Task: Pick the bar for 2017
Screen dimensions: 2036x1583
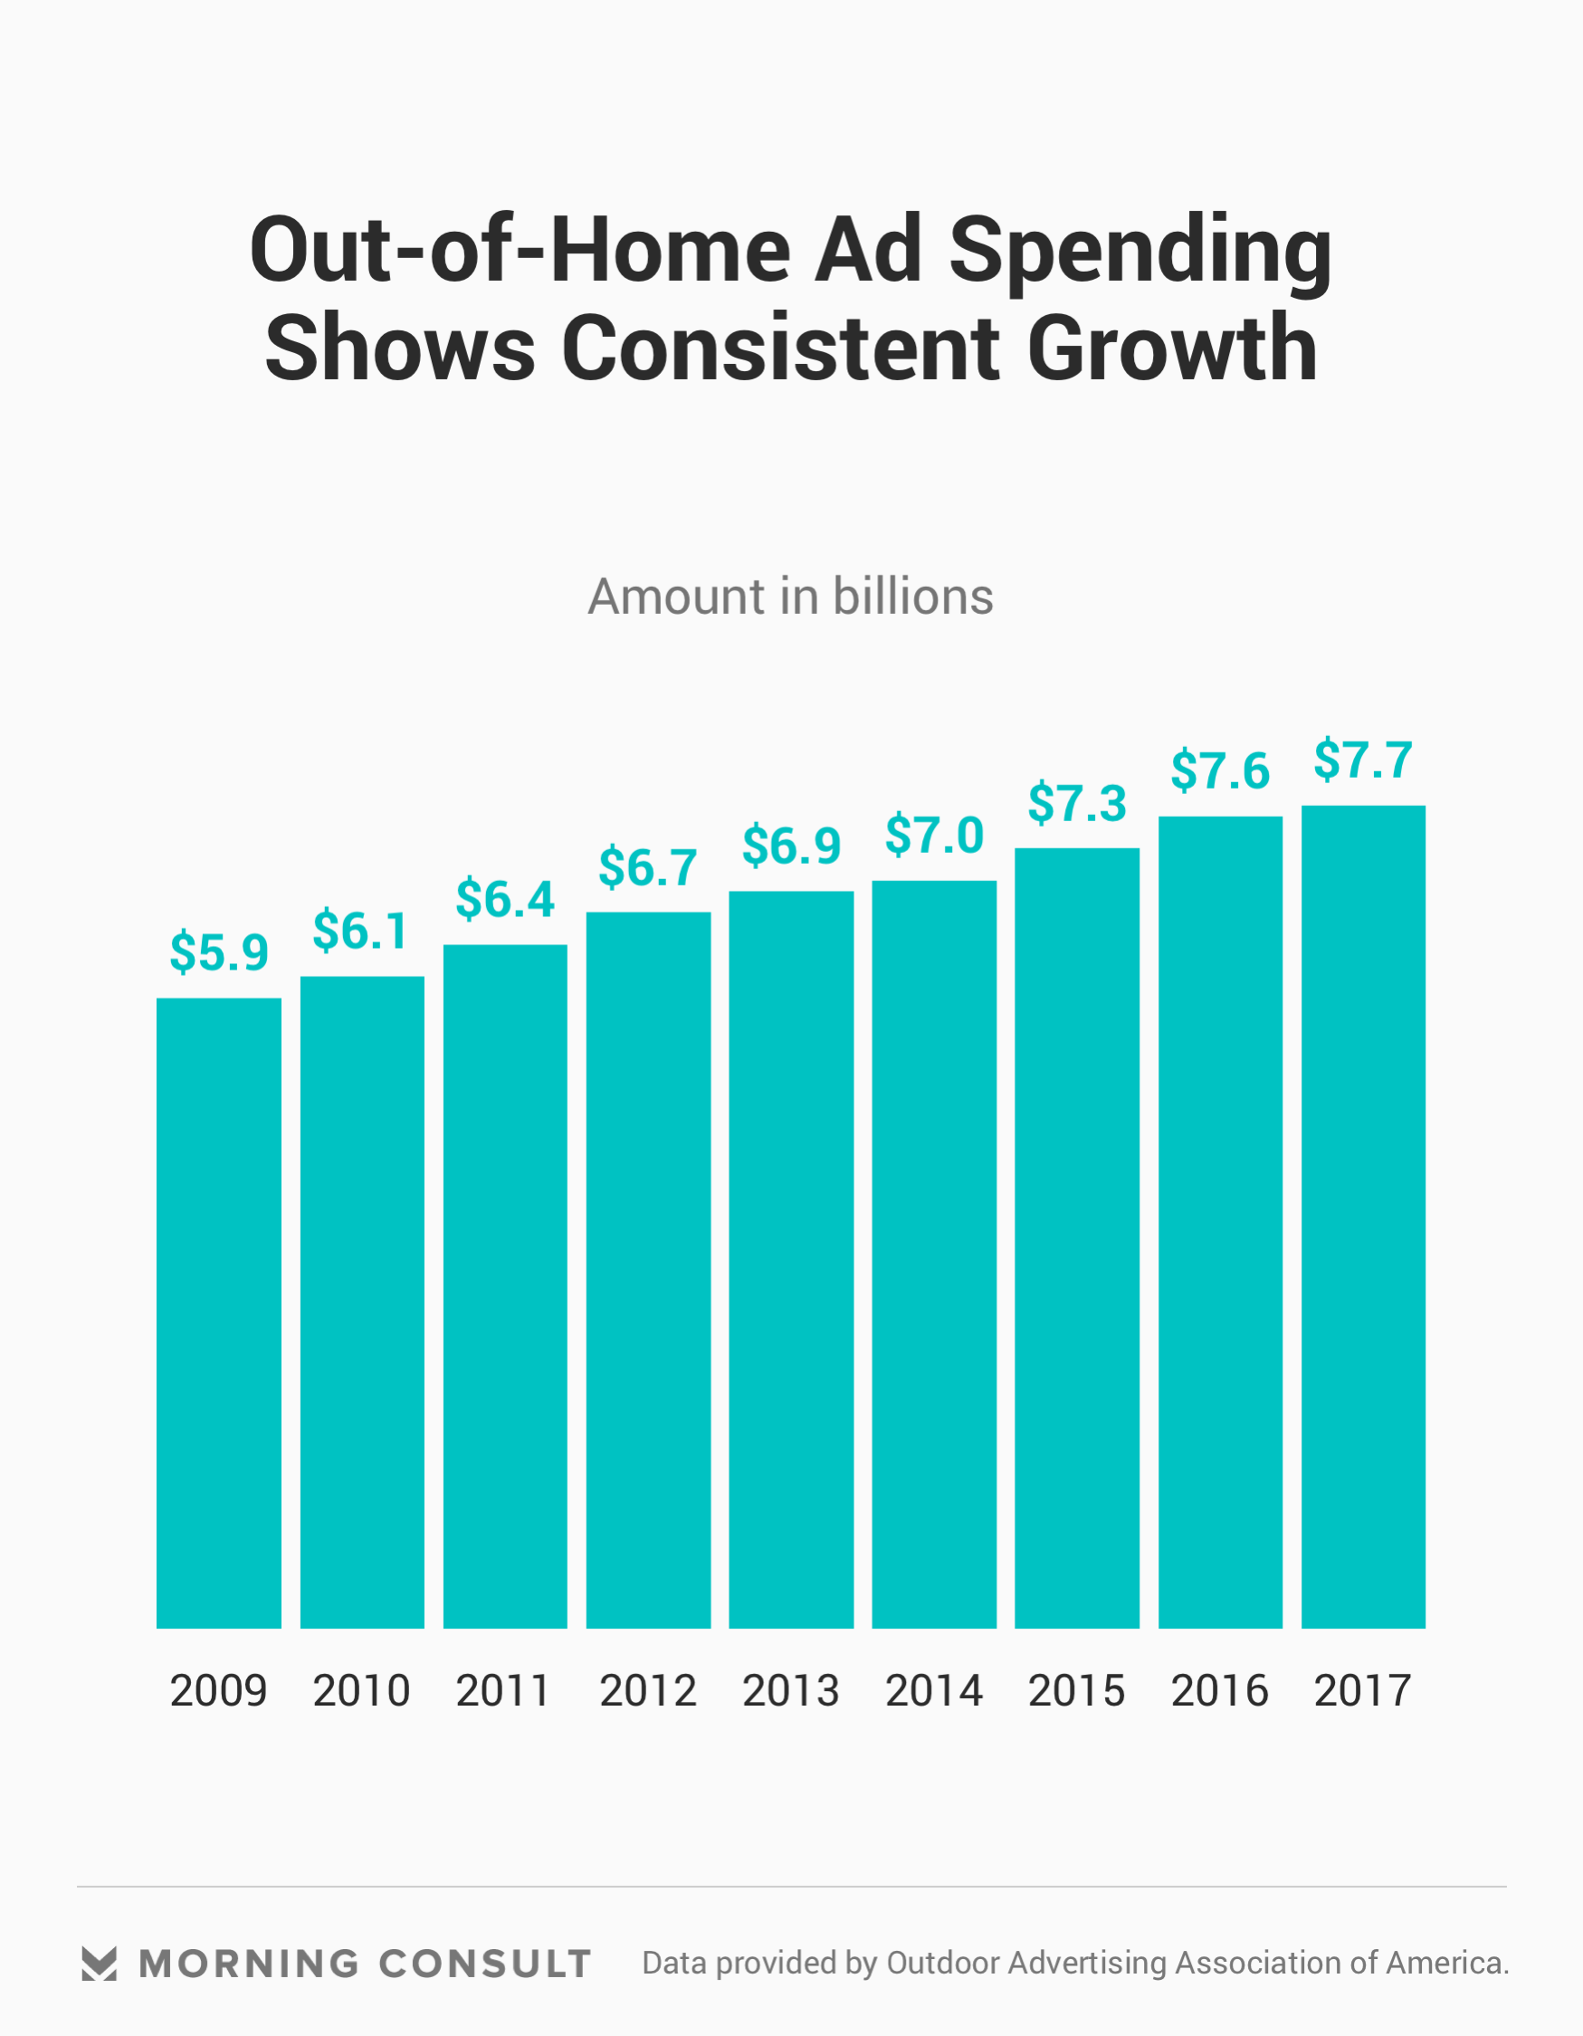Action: [1363, 1217]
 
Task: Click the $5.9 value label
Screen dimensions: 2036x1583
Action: [218, 952]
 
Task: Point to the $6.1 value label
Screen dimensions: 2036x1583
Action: [361, 932]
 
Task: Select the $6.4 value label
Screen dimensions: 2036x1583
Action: [504, 900]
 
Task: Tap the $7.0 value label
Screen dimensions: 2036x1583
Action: [934, 836]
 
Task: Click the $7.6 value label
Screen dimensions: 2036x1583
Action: [1219, 771]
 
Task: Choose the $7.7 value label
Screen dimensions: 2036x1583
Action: [1363, 760]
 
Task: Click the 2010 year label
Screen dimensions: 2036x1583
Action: [361, 1691]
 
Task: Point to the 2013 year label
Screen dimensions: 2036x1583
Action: [790, 1691]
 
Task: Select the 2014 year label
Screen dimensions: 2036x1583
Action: [934, 1691]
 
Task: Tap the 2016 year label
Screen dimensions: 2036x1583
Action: [1219, 1691]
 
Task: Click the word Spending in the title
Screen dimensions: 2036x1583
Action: [1140, 252]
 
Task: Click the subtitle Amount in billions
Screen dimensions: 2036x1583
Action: [790, 597]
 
